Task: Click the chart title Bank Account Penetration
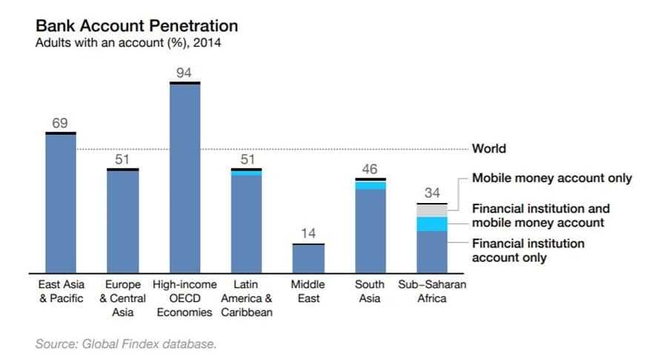pyautogui.click(x=137, y=26)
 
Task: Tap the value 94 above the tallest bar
pyautogui.click(x=185, y=73)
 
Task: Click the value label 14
pyautogui.click(x=308, y=234)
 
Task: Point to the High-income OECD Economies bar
pyautogui.click(x=185, y=178)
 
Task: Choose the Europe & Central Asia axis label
pyautogui.click(x=123, y=298)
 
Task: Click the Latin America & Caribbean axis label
pyautogui.click(x=246, y=298)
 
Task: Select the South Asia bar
pyautogui.click(x=370, y=230)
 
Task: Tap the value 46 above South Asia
pyautogui.click(x=369, y=170)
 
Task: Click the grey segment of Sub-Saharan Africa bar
pyautogui.click(x=431, y=210)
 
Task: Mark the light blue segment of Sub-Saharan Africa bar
pyautogui.click(x=431, y=224)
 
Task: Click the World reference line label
pyautogui.click(x=489, y=149)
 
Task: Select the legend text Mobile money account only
pyautogui.click(x=552, y=179)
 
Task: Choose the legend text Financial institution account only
pyautogui.click(x=528, y=250)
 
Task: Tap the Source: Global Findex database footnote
pyautogui.click(x=126, y=344)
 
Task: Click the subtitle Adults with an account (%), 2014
pyautogui.click(x=128, y=43)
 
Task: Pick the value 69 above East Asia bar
pyautogui.click(x=60, y=123)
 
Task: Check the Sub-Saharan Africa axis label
pyautogui.click(x=431, y=291)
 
